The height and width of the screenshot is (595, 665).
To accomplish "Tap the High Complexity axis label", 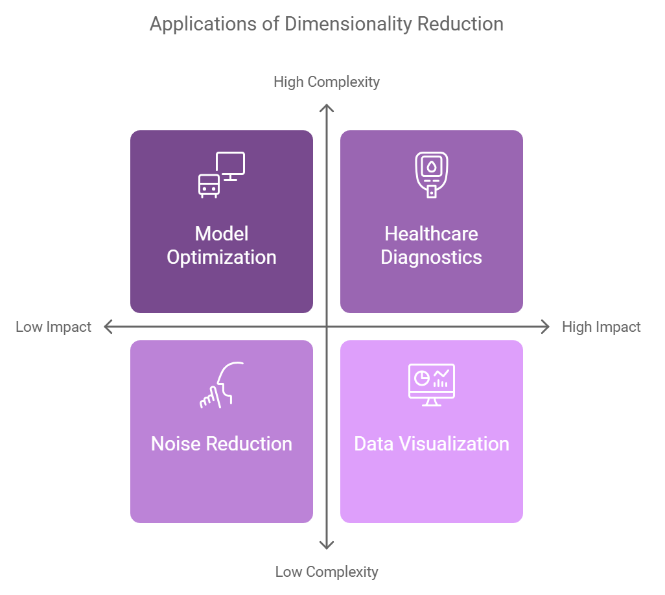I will (x=327, y=82).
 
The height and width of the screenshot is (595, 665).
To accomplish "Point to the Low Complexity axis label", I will (x=327, y=572).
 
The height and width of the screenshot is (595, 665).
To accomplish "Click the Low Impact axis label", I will (x=54, y=327).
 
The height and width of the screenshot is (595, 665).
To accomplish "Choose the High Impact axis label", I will (x=601, y=327).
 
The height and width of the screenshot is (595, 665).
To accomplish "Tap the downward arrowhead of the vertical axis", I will (x=327, y=546).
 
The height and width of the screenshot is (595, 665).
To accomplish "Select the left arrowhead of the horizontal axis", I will (x=108, y=327).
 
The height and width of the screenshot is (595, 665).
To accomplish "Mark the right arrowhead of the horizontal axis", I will (x=546, y=327).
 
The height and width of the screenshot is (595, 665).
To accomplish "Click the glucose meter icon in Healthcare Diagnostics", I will (x=431, y=175).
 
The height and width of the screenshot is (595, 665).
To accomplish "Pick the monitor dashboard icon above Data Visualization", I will (x=431, y=385).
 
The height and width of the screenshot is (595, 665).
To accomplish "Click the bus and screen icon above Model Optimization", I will (x=222, y=175).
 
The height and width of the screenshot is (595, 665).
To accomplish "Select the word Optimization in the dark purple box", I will (x=222, y=257).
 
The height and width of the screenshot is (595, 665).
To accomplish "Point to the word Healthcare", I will (x=431, y=234).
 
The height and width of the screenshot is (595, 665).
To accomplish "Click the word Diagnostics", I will (x=431, y=257).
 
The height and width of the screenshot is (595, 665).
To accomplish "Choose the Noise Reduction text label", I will (x=222, y=444).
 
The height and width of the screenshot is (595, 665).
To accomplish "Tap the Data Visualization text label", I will (x=431, y=444).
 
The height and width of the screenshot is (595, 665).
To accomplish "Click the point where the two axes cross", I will (x=327, y=327).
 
